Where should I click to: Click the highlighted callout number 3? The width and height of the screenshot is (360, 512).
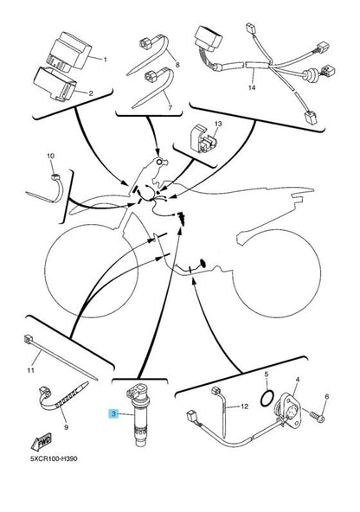(x=113, y=414)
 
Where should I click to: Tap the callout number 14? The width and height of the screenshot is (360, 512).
(x=252, y=87)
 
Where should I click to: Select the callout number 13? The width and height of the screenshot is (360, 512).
(x=218, y=124)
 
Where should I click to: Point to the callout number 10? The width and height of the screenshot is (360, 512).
(x=50, y=156)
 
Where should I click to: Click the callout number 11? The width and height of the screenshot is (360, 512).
(x=30, y=370)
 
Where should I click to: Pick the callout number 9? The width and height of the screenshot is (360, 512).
(x=67, y=427)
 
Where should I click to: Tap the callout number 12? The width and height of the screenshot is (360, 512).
(x=244, y=406)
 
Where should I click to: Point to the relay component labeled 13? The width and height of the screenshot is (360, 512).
(x=204, y=138)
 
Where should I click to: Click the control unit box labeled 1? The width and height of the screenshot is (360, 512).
(x=70, y=51)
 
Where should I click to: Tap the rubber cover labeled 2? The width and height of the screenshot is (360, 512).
(x=56, y=84)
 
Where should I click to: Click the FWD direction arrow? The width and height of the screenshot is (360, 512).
(x=42, y=442)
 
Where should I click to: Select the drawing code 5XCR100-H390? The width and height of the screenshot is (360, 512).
(x=54, y=458)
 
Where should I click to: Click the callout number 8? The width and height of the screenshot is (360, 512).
(x=177, y=65)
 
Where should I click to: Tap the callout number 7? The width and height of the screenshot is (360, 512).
(x=170, y=107)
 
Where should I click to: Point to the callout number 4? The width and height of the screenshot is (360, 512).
(x=298, y=379)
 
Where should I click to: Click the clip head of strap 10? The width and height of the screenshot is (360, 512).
(x=55, y=177)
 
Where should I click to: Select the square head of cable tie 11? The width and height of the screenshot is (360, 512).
(x=28, y=340)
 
